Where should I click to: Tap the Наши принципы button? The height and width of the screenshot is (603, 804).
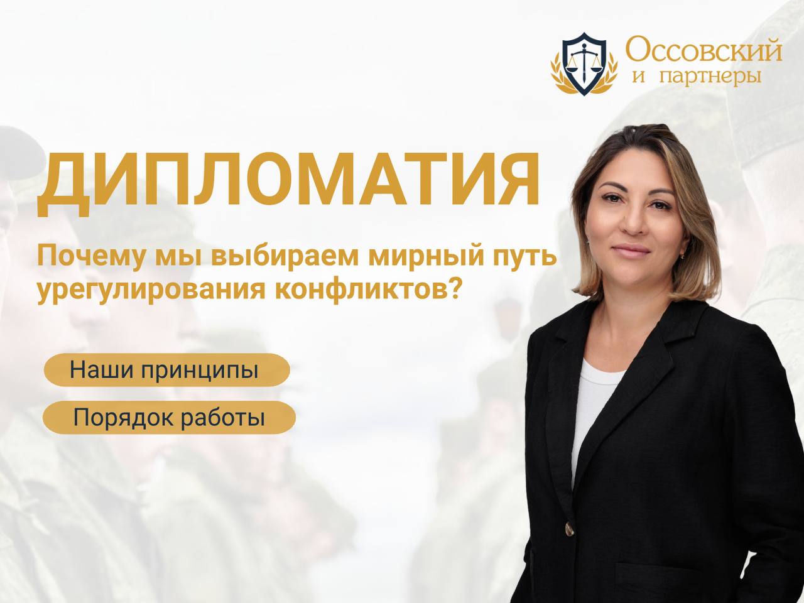(x=166, y=370)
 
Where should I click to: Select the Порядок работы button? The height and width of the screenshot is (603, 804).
(x=169, y=418)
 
